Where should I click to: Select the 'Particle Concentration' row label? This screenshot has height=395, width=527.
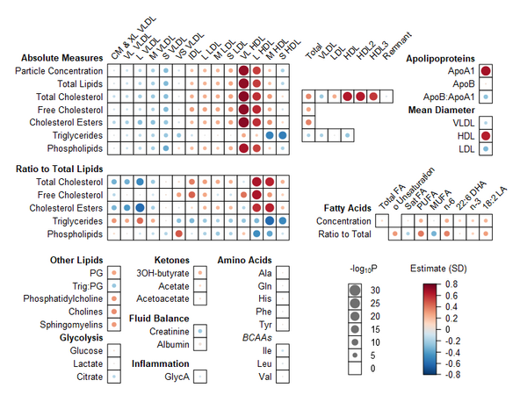click(60, 70)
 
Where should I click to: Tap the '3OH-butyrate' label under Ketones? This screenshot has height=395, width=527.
click(163, 274)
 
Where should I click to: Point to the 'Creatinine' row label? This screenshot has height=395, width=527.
click(170, 331)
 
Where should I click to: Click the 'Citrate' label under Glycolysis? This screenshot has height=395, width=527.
click(88, 376)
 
